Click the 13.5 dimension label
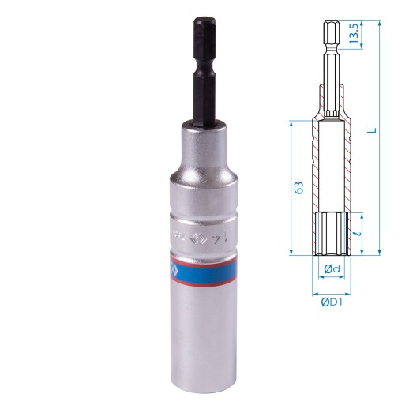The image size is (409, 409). point(356,36)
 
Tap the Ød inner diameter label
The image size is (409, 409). point(332,271)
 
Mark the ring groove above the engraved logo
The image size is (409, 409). point(203,213)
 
